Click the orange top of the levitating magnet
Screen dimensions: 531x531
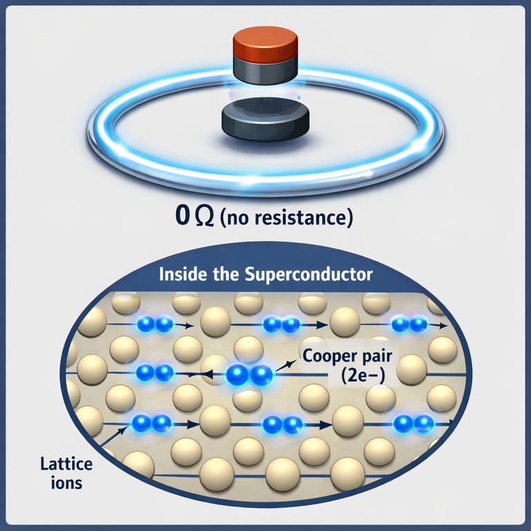point(265,43)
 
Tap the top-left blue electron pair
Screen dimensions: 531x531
point(154,324)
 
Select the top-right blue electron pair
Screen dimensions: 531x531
point(409,324)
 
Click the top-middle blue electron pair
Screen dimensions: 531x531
point(281,324)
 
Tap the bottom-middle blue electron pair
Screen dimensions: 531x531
point(283,423)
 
